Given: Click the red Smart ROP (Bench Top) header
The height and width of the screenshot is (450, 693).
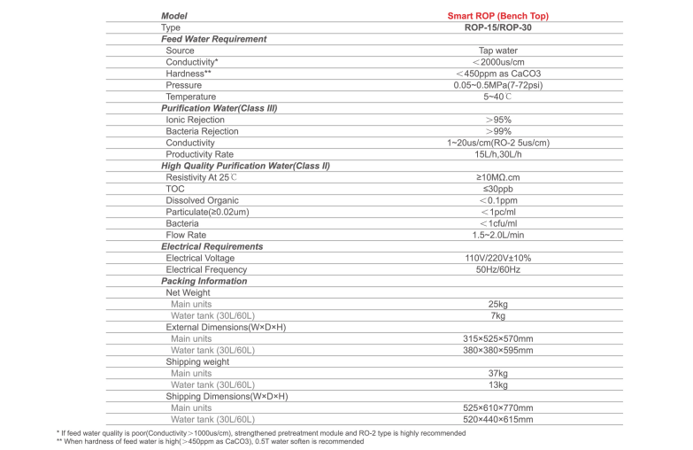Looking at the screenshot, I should point(497,16).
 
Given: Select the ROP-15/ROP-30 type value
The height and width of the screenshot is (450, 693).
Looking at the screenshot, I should point(498,27).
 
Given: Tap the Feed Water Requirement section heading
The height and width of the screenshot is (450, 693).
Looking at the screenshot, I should point(213,39).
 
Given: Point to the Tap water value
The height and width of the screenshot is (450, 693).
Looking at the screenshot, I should point(497,50).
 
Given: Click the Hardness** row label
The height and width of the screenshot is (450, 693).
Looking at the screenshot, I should point(189,74).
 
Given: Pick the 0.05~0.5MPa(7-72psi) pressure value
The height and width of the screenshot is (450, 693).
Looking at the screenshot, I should point(497,85).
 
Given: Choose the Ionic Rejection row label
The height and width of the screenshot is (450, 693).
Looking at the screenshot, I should point(196,120).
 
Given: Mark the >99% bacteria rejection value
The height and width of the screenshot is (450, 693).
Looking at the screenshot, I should point(497,131).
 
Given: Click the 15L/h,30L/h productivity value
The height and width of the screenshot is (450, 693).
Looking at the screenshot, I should point(498,154).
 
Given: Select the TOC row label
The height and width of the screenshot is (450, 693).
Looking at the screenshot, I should point(175,189).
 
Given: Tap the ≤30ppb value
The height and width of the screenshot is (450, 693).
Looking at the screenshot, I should point(498,189).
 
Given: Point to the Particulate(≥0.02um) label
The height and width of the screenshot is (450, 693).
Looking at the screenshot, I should point(207,212).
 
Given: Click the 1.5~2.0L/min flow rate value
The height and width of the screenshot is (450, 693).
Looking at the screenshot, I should point(497,235).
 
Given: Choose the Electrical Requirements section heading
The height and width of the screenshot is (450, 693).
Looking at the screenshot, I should point(212,246).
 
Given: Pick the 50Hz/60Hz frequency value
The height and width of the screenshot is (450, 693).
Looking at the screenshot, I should point(497,269).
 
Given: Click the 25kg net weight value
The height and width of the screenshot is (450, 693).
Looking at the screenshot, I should point(497,304).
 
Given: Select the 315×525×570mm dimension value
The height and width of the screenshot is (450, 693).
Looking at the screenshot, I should point(497,338).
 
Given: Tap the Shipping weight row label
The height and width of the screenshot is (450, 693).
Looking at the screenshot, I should point(197,361).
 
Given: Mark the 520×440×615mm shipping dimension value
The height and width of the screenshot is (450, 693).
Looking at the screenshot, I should point(497,419).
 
